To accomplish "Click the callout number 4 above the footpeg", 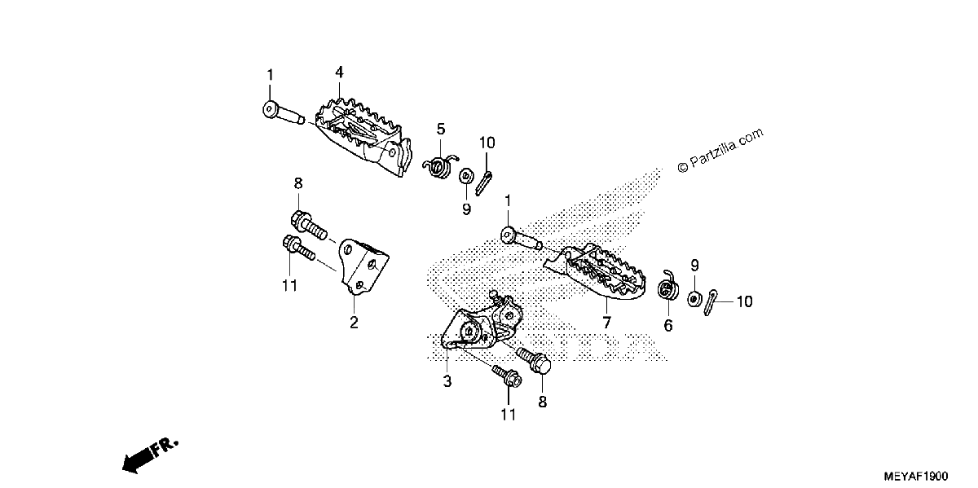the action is (x=339, y=73).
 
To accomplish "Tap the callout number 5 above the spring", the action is (x=441, y=130).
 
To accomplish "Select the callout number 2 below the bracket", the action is (x=354, y=323).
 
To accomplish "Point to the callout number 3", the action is (x=447, y=381).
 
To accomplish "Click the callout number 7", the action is (x=606, y=323).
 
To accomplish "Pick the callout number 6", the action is (x=668, y=325).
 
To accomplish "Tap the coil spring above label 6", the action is (x=668, y=286).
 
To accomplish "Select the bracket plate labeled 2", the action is (x=364, y=267).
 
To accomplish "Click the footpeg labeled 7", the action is (x=596, y=272).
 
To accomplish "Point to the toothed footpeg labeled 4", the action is (x=363, y=136).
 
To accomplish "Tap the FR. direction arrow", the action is (x=149, y=455).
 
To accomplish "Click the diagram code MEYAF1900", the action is (x=915, y=476).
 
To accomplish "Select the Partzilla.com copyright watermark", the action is (x=720, y=150).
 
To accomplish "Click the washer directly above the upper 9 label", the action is (x=465, y=176).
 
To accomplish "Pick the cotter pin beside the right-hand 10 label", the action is (x=710, y=302).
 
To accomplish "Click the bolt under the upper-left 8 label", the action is (x=309, y=224).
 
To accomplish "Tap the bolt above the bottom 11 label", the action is (x=507, y=376).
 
